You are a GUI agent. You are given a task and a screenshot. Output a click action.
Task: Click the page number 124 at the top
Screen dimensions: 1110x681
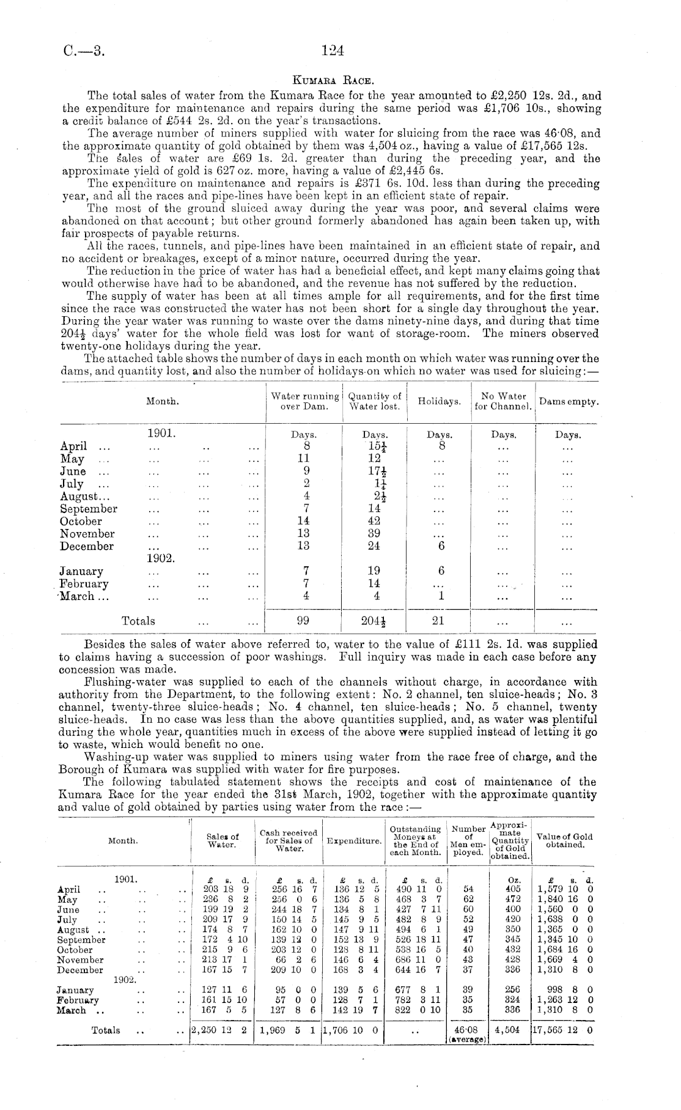(333, 51)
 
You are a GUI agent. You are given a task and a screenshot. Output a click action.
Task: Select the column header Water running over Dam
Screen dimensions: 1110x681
(304, 401)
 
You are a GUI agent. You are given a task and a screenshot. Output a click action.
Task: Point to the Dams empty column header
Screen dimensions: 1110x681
(569, 402)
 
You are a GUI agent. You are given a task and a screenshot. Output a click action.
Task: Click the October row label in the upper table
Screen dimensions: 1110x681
(81, 522)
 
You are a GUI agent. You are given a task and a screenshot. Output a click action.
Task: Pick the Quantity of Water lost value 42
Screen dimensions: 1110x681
(374, 521)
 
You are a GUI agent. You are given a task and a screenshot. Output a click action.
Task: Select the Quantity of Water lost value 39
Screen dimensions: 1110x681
(374, 534)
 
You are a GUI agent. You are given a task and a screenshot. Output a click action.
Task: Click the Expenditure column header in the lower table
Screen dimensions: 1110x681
(353, 841)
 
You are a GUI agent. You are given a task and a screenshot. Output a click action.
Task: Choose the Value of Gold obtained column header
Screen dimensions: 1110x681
(564, 841)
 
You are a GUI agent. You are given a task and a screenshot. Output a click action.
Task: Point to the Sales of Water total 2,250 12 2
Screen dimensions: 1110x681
(219, 1030)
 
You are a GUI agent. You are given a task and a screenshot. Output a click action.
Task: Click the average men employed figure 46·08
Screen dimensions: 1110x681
(468, 1030)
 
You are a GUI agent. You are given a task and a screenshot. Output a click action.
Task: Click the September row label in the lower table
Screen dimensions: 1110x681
(81, 940)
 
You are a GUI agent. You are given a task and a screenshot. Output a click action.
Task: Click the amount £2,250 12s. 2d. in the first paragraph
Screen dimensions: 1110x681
(537, 95)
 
